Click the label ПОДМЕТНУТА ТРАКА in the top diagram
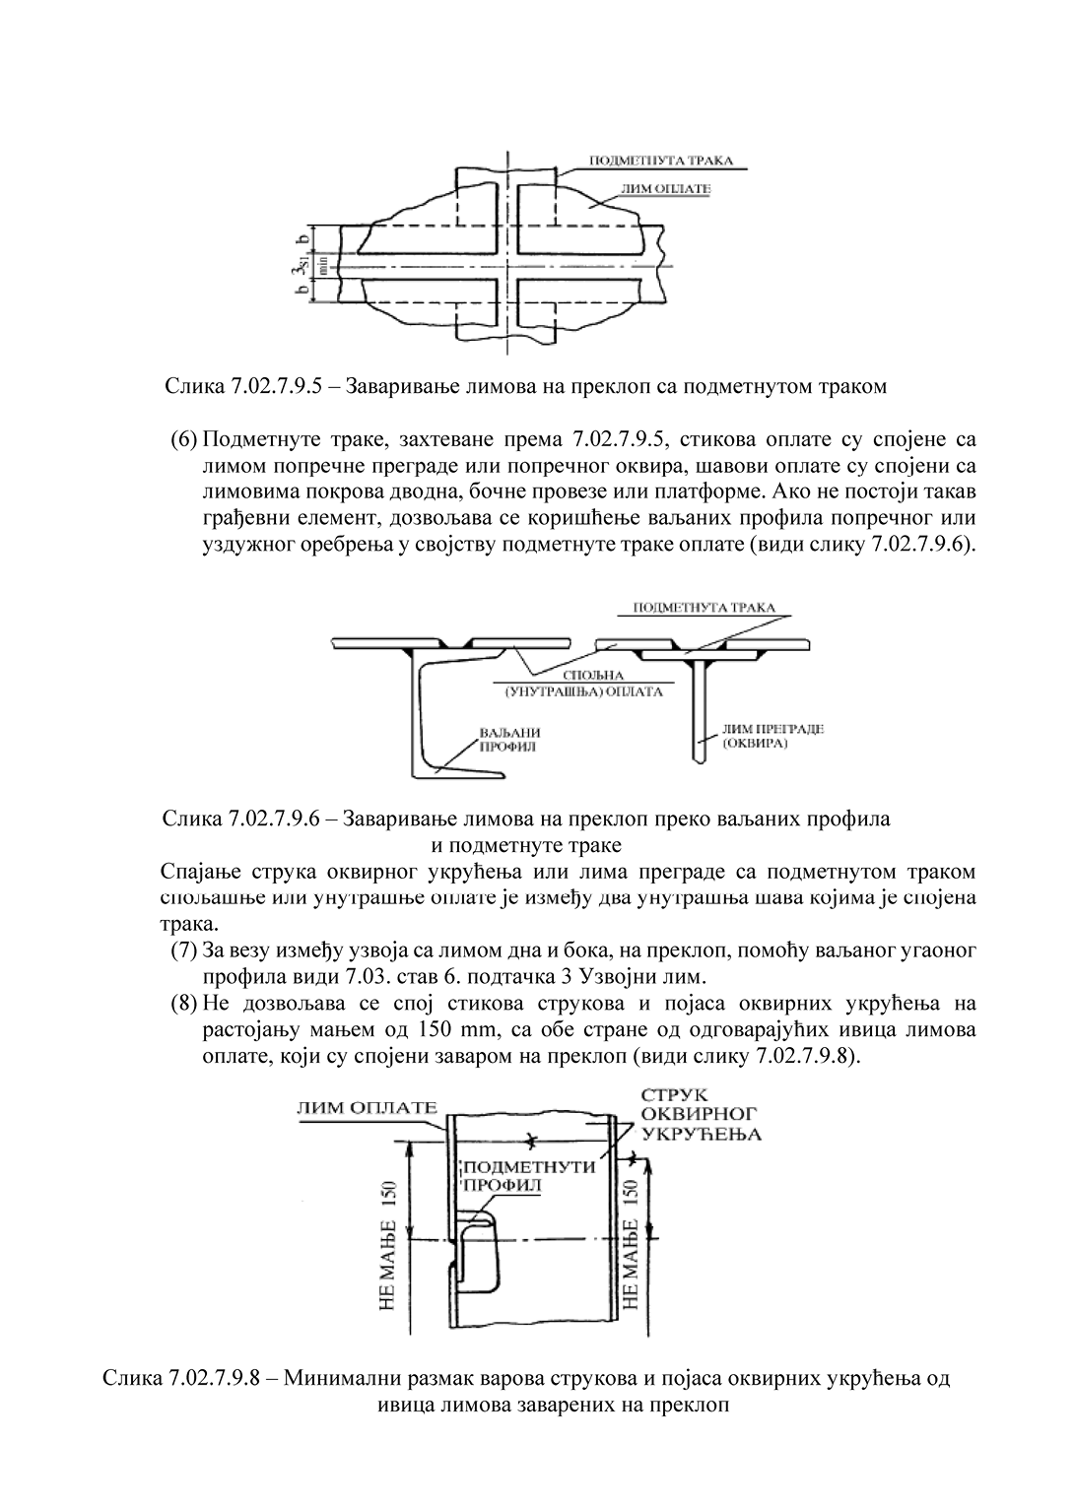click(660, 161)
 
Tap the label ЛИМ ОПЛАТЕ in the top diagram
click(666, 187)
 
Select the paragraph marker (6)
click(184, 437)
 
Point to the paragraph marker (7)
click(184, 951)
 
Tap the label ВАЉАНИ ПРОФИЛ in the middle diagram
click(509, 739)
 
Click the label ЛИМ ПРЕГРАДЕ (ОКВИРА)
click(772, 736)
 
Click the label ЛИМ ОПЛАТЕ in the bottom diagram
click(366, 1106)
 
